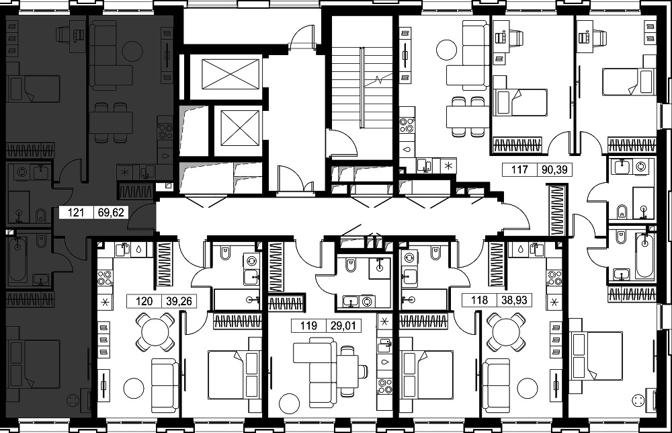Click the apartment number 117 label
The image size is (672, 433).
tap(519, 169)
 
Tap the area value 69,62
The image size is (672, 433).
tap(111, 212)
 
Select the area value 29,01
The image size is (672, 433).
tap(343, 326)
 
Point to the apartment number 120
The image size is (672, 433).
tap(144, 301)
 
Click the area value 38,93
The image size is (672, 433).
tap(514, 300)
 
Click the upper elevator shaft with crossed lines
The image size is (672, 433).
tap(230, 74)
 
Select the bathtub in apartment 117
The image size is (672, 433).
tap(644, 256)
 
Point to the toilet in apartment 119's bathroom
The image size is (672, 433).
tap(351, 265)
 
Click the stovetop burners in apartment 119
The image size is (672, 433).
tap(384, 386)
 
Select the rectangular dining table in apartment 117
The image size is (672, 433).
tap(466, 117)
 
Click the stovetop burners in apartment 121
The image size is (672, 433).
tap(165, 132)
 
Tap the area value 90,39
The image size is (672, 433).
tap(554, 169)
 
